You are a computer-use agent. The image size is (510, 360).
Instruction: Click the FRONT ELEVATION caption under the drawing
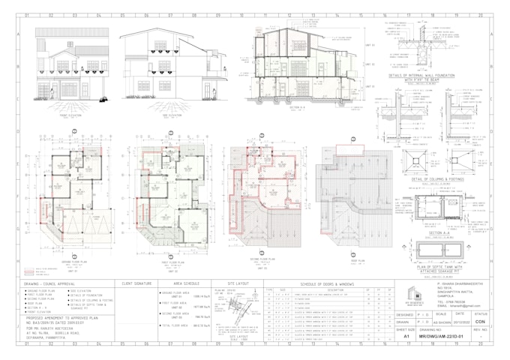(70, 115)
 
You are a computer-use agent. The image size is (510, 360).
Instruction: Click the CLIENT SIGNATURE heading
(135, 284)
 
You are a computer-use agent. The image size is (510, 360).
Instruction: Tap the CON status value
(490, 320)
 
